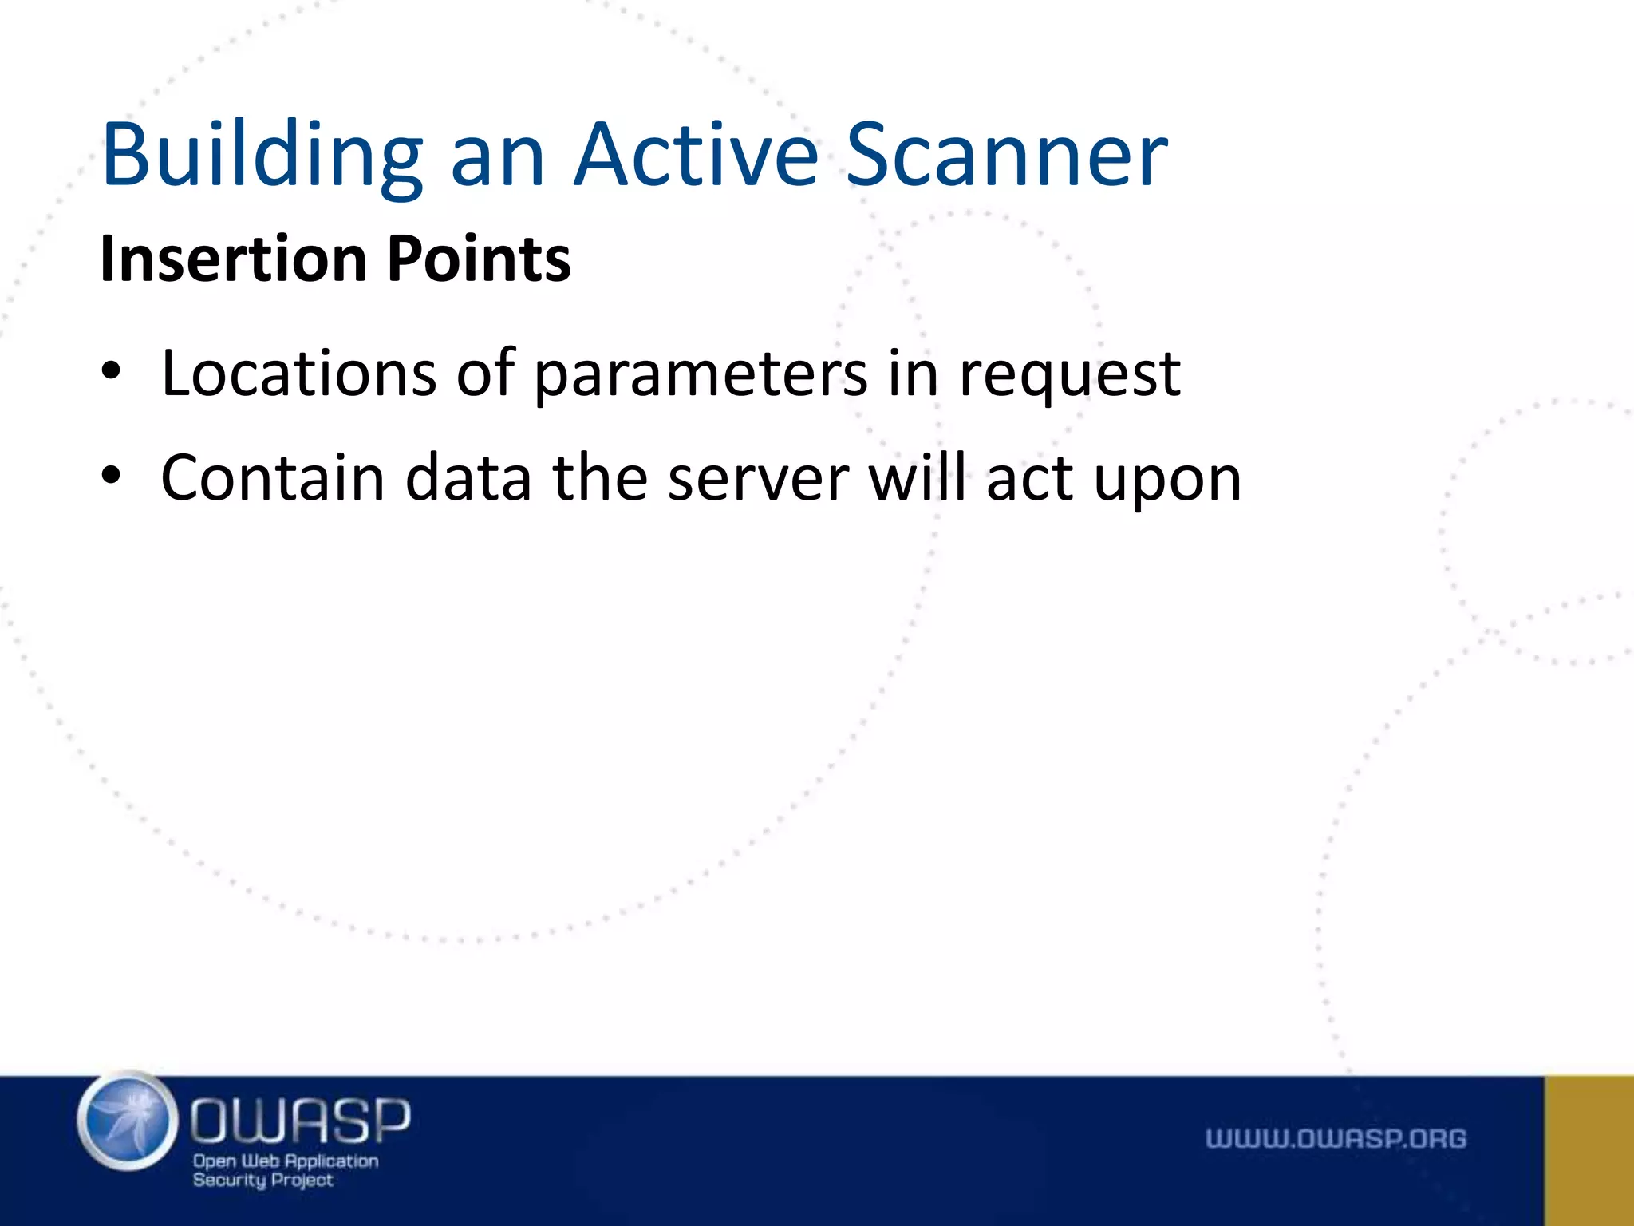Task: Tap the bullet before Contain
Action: click(x=111, y=477)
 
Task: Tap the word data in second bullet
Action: click(x=468, y=477)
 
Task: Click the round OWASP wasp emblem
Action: click(x=128, y=1121)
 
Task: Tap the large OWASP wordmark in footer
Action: click(x=300, y=1119)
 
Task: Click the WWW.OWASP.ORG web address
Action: click(x=1336, y=1138)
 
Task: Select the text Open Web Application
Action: click(x=286, y=1161)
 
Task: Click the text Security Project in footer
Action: click(x=262, y=1180)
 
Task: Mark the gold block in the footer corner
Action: click(x=1589, y=1150)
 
